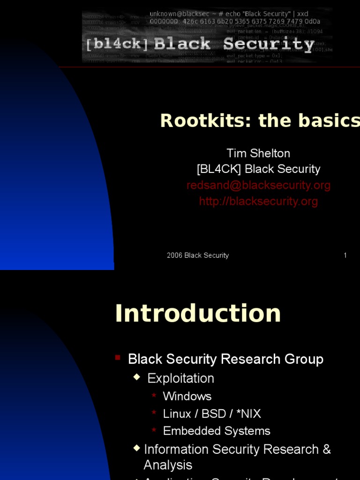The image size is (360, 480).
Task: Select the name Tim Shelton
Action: pyautogui.click(x=258, y=153)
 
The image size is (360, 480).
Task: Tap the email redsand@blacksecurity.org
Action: pyautogui.click(x=258, y=185)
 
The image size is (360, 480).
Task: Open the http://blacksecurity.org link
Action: pyautogui.click(x=258, y=201)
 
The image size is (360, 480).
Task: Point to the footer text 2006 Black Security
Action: pyautogui.click(x=198, y=255)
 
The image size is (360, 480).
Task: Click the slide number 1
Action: pyautogui.click(x=345, y=255)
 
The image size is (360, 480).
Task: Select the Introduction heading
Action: pyautogui.click(x=198, y=313)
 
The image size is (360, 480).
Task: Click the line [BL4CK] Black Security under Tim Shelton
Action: pyautogui.click(x=258, y=169)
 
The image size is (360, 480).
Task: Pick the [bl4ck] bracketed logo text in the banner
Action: pyautogui.click(x=117, y=45)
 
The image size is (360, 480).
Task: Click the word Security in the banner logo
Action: pyautogui.click(x=269, y=44)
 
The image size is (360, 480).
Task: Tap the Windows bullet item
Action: pyautogui.click(x=187, y=396)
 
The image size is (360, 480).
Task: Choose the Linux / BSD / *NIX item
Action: pyautogui.click(x=212, y=414)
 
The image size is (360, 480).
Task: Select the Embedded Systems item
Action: pyautogui.click(x=217, y=431)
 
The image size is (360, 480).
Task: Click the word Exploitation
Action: pyautogui.click(x=180, y=378)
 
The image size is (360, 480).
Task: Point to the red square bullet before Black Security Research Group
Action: pyautogui.click(x=118, y=358)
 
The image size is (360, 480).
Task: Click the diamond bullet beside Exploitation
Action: pyautogui.click(x=137, y=376)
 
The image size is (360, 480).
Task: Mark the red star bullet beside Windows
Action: pyautogui.click(x=154, y=395)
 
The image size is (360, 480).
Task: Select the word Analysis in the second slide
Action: pyautogui.click(x=168, y=465)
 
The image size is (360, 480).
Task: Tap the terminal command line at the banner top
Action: pyautogui.click(x=229, y=14)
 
